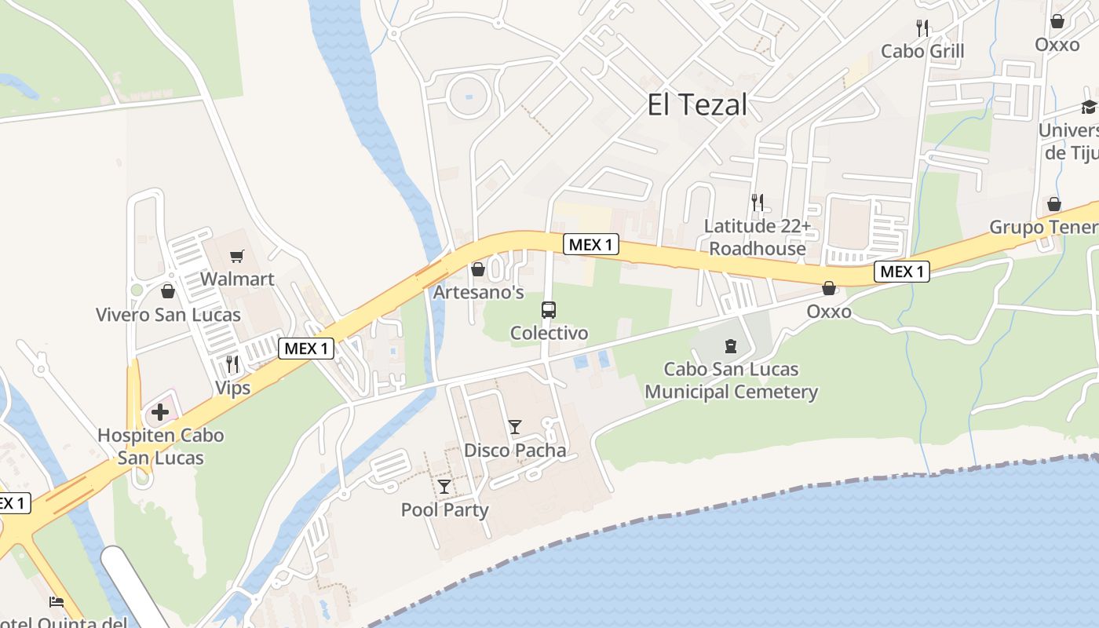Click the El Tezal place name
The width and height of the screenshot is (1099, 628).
pos(697,104)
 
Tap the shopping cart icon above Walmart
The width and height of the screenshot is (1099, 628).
pos(236,256)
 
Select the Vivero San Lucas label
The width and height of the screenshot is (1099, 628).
pos(168,315)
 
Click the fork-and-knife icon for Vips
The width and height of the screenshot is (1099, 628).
pos(232,364)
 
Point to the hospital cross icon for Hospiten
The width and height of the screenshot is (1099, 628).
pos(160,411)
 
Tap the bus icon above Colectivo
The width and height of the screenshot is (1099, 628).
pos(549,309)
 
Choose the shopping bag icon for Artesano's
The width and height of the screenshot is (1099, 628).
pos(478,270)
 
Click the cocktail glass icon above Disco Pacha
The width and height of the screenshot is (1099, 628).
pos(515,427)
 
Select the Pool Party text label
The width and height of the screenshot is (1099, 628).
pos(444,509)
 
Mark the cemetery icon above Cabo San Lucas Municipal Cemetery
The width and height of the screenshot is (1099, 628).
pos(731,345)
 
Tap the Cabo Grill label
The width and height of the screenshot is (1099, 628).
pos(922,51)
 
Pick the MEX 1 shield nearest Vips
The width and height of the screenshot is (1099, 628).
pos(306,349)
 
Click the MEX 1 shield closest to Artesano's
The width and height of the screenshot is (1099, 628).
pos(591,245)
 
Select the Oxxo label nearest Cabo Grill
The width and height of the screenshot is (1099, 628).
pos(1057,44)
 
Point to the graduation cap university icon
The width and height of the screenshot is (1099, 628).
pos(1088,107)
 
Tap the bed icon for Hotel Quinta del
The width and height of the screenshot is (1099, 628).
pos(57,602)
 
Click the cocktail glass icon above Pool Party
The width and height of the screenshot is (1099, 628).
pos(444,487)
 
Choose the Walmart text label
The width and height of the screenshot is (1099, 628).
pos(237,279)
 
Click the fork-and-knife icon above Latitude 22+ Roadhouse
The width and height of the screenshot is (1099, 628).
pos(757,203)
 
